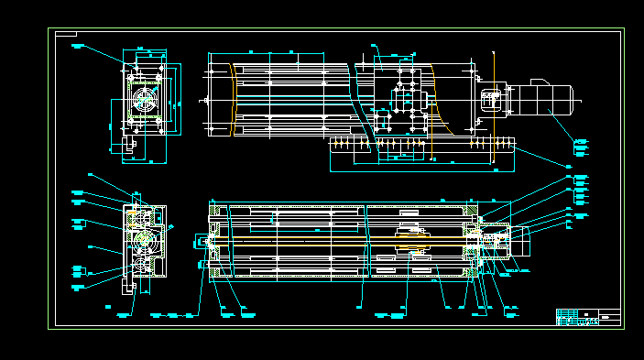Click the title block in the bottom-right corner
point(588,317)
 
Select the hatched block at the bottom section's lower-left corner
point(217,270)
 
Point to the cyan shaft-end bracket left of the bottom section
point(201,243)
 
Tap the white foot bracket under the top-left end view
point(127,145)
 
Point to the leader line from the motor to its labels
point(561,125)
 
